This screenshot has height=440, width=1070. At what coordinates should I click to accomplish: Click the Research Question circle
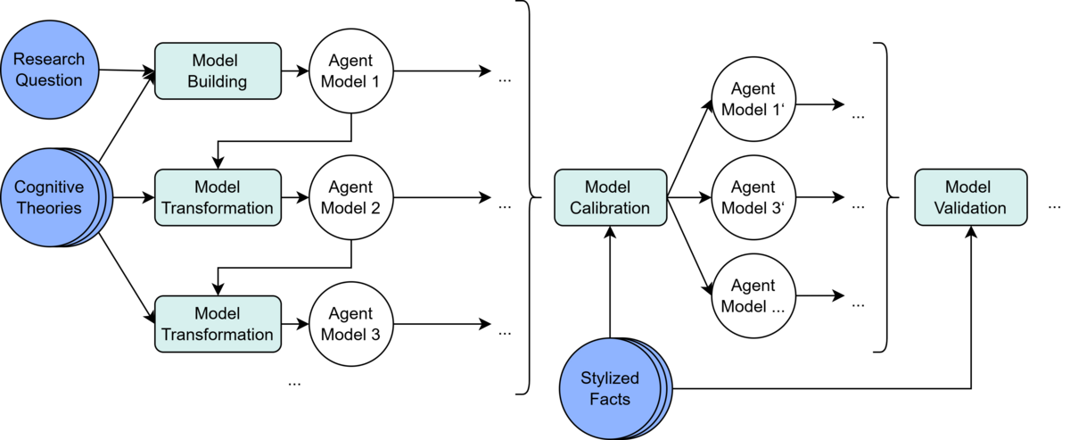pos(48,70)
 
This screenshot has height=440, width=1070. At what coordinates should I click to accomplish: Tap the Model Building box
pos(218,71)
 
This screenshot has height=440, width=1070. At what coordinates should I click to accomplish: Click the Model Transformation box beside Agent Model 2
pos(218,198)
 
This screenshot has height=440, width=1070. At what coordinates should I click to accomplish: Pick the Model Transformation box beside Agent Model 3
pos(218,324)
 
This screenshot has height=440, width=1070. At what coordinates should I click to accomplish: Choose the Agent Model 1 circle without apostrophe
pos(350,71)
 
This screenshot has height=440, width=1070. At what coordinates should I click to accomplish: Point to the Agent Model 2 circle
pos(350,198)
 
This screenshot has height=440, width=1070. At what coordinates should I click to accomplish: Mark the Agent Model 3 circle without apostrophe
pos(350,324)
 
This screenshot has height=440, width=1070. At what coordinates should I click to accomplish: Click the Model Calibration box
pos(610,198)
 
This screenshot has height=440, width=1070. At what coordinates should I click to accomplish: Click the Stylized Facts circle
pos(612,388)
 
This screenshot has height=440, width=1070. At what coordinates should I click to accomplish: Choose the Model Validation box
pos(970,198)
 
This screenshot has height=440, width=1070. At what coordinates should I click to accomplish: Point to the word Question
pos(48,80)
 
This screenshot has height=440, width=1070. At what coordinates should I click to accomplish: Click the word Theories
pos(48,209)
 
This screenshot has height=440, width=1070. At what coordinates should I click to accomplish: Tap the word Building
pos(218,81)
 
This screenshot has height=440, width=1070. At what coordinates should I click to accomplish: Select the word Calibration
pos(610,209)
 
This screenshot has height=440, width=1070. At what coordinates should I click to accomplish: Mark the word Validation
pos(970,209)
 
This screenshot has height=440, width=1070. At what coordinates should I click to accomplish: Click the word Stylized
pos(610,378)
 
